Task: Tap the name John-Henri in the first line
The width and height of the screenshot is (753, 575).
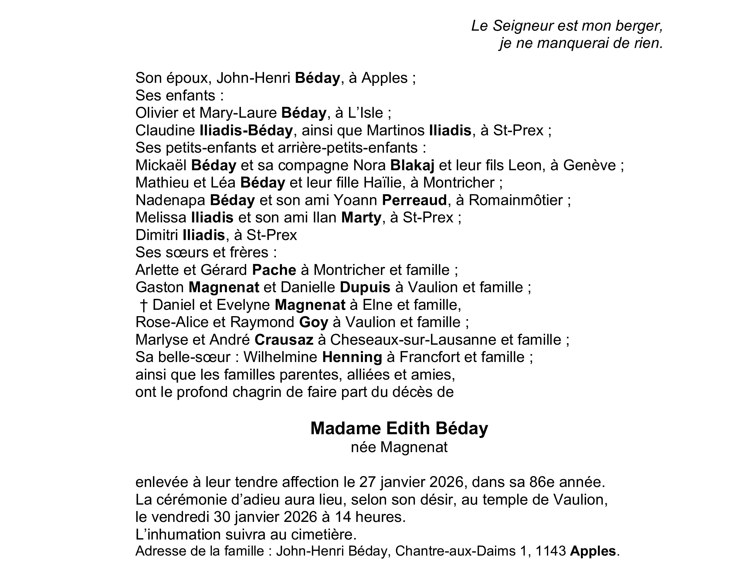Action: click(253, 78)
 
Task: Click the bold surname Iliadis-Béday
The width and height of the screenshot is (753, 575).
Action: click(246, 130)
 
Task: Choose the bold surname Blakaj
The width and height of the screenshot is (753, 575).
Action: click(412, 165)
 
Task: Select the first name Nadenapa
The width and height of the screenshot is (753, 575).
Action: click(171, 200)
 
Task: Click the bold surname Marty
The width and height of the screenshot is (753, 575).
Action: click(361, 218)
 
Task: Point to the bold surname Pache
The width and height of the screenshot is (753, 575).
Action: click(274, 270)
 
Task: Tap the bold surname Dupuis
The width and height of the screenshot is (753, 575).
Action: click(365, 288)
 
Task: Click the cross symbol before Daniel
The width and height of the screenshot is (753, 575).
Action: click(144, 305)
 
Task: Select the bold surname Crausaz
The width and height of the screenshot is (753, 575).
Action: click(284, 340)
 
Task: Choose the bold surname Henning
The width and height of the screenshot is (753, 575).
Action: click(352, 357)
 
